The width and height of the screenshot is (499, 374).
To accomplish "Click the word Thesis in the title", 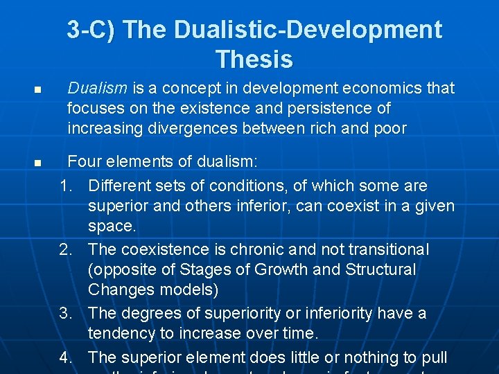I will point(254,60).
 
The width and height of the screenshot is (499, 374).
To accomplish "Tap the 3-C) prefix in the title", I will point(93,30).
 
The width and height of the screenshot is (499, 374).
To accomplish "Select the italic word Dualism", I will point(97,88).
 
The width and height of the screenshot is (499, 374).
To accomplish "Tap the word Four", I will point(85,162).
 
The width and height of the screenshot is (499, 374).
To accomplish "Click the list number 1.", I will point(67,186).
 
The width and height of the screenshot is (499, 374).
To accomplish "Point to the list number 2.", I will point(67,249).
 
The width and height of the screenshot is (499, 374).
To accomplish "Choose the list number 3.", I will point(67,313).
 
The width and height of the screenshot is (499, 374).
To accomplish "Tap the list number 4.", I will point(67,357).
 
